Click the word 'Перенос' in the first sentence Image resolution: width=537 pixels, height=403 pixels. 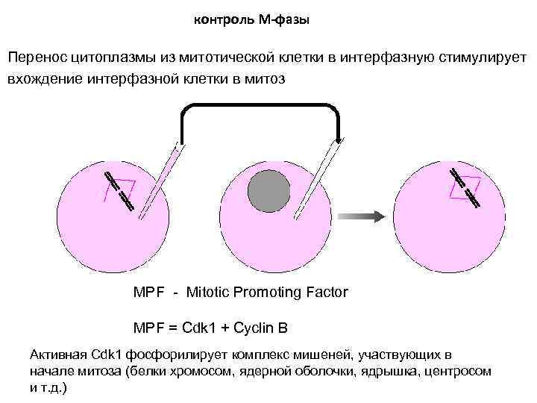pos(37,57)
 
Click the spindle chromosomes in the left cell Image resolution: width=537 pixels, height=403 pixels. pos(119,191)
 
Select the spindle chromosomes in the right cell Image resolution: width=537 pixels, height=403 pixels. pos(465,185)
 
